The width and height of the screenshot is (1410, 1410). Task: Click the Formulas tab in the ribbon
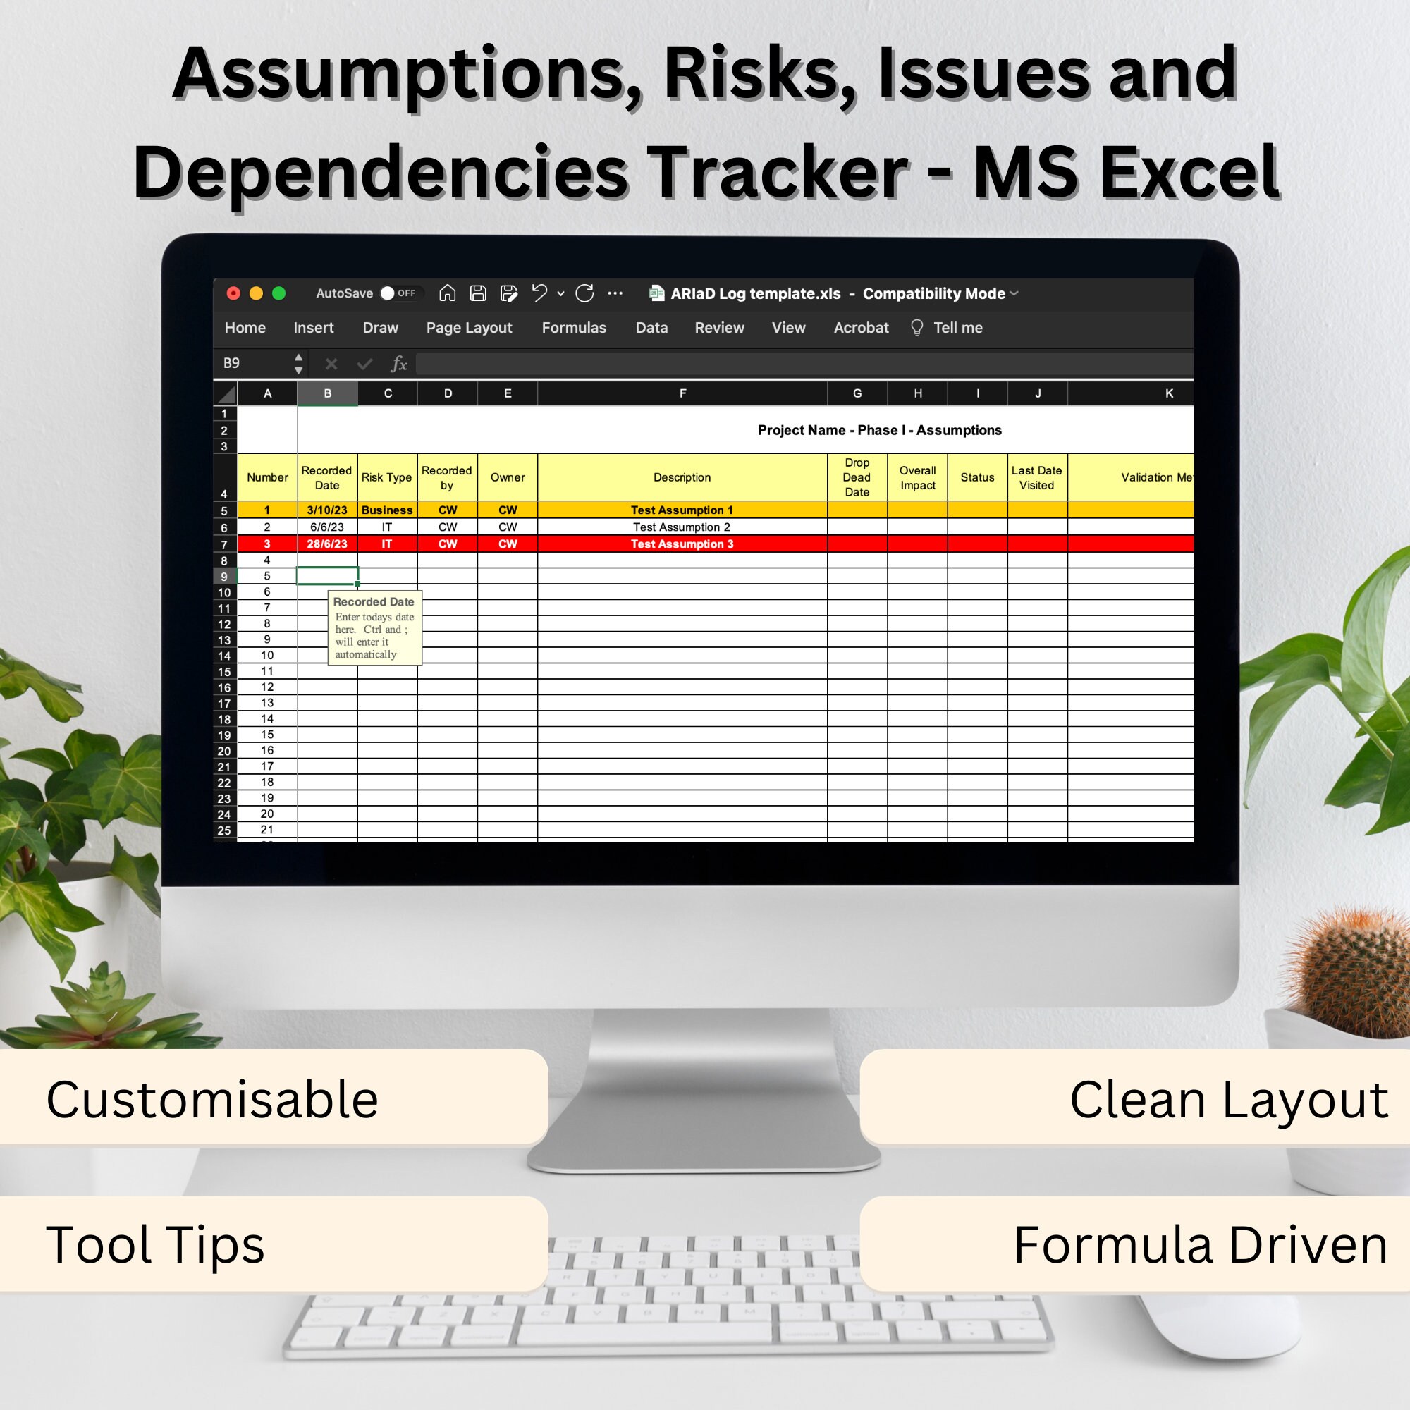click(574, 328)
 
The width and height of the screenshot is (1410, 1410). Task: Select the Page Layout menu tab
click(469, 328)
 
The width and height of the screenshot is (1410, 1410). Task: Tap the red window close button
click(233, 293)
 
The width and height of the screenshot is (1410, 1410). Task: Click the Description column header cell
click(682, 477)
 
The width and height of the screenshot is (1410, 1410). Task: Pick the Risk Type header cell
click(386, 477)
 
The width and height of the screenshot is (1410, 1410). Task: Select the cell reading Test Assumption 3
click(682, 544)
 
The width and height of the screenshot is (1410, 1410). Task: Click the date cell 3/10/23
click(327, 510)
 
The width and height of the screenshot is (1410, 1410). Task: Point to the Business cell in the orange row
click(387, 510)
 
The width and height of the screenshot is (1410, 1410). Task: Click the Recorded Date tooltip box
click(374, 627)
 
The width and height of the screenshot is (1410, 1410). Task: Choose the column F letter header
click(682, 393)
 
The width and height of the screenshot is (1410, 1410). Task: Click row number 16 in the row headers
click(224, 687)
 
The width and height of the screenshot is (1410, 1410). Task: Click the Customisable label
click(212, 1099)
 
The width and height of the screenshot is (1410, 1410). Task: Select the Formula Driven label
click(1200, 1244)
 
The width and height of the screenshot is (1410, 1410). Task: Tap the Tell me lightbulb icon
click(916, 328)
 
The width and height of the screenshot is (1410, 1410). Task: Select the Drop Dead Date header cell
click(857, 477)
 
